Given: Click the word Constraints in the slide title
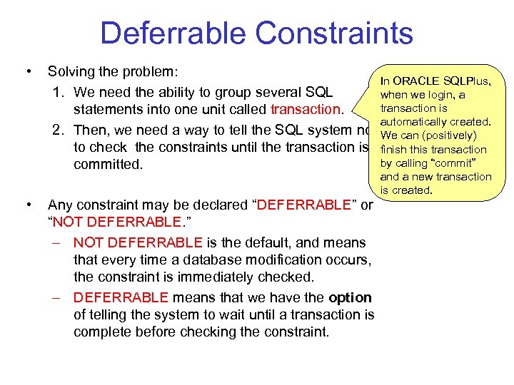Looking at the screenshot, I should click(x=332, y=34).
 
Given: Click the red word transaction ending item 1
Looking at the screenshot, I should click(x=306, y=110).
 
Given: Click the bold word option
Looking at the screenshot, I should click(x=350, y=297).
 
